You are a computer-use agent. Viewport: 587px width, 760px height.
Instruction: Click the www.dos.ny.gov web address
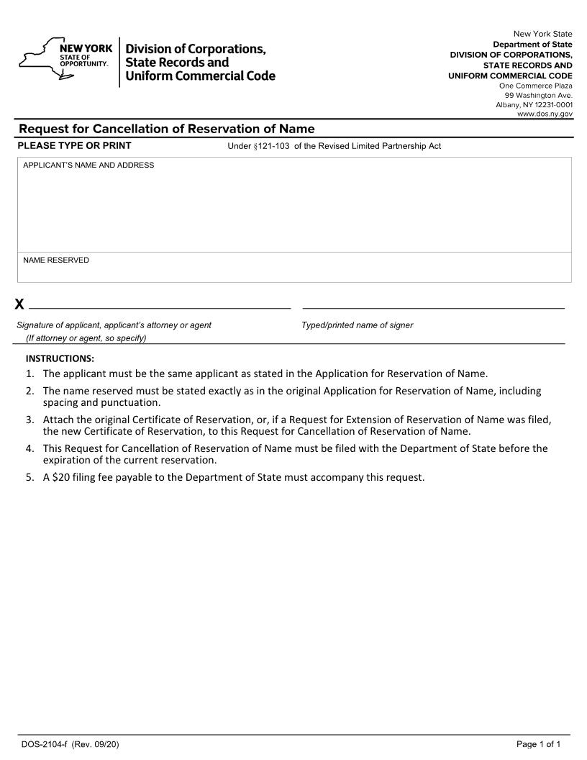pyautogui.click(x=545, y=114)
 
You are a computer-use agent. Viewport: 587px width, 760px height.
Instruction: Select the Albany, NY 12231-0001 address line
pyautogui.click(x=534, y=105)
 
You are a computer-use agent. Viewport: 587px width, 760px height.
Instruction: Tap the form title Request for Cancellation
pyautogui.click(x=166, y=129)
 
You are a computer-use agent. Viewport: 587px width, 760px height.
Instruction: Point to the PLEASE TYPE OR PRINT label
pyautogui.click(x=74, y=146)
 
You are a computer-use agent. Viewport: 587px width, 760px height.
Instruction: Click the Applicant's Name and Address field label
pyautogui.click(x=88, y=166)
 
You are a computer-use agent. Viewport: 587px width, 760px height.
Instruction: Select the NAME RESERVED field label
pyautogui.click(x=56, y=260)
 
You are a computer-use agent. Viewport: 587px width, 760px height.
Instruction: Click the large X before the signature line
pyautogui.click(x=19, y=304)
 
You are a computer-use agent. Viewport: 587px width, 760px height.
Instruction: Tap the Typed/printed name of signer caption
pyautogui.click(x=358, y=325)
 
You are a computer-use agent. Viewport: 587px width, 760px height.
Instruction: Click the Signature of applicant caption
pyautogui.click(x=114, y=325)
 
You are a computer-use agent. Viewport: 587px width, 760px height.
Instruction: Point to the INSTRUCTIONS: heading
pyautogui.click(x=60, y=358)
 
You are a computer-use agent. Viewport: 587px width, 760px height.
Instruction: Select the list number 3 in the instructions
pyautogui.click(x=29, y=420)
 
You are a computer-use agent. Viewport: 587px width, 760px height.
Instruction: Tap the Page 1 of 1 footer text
pyautogui.click(x=538, y=744)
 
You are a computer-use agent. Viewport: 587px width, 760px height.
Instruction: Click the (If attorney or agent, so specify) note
pyautogui.click(x=86, y=338)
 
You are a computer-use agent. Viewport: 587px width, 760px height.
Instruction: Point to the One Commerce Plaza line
pyautogui.click(x=536, y=86)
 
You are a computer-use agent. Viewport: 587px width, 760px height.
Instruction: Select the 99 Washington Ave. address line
pyautogui.click(x=538, y=95)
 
